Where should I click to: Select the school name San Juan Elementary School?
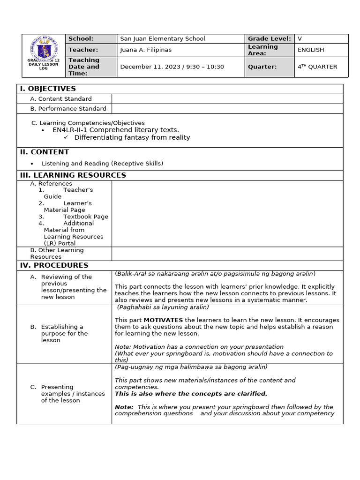pos(163,39)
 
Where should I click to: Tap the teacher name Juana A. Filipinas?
pos(146,50)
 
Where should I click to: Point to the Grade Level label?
pos(269,39)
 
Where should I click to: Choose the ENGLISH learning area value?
pos(310,50)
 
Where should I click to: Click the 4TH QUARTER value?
pos(317,67)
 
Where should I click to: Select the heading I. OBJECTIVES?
pos(47,89)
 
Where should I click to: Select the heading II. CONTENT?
pos(44,152)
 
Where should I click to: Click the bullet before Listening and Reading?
pos(32,164)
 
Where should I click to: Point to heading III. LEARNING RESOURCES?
pos(73,175)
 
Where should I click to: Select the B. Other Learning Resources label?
pos(57,254)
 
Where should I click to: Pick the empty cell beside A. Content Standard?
pos(227,99)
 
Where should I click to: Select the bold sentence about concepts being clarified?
pos(191,394)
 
